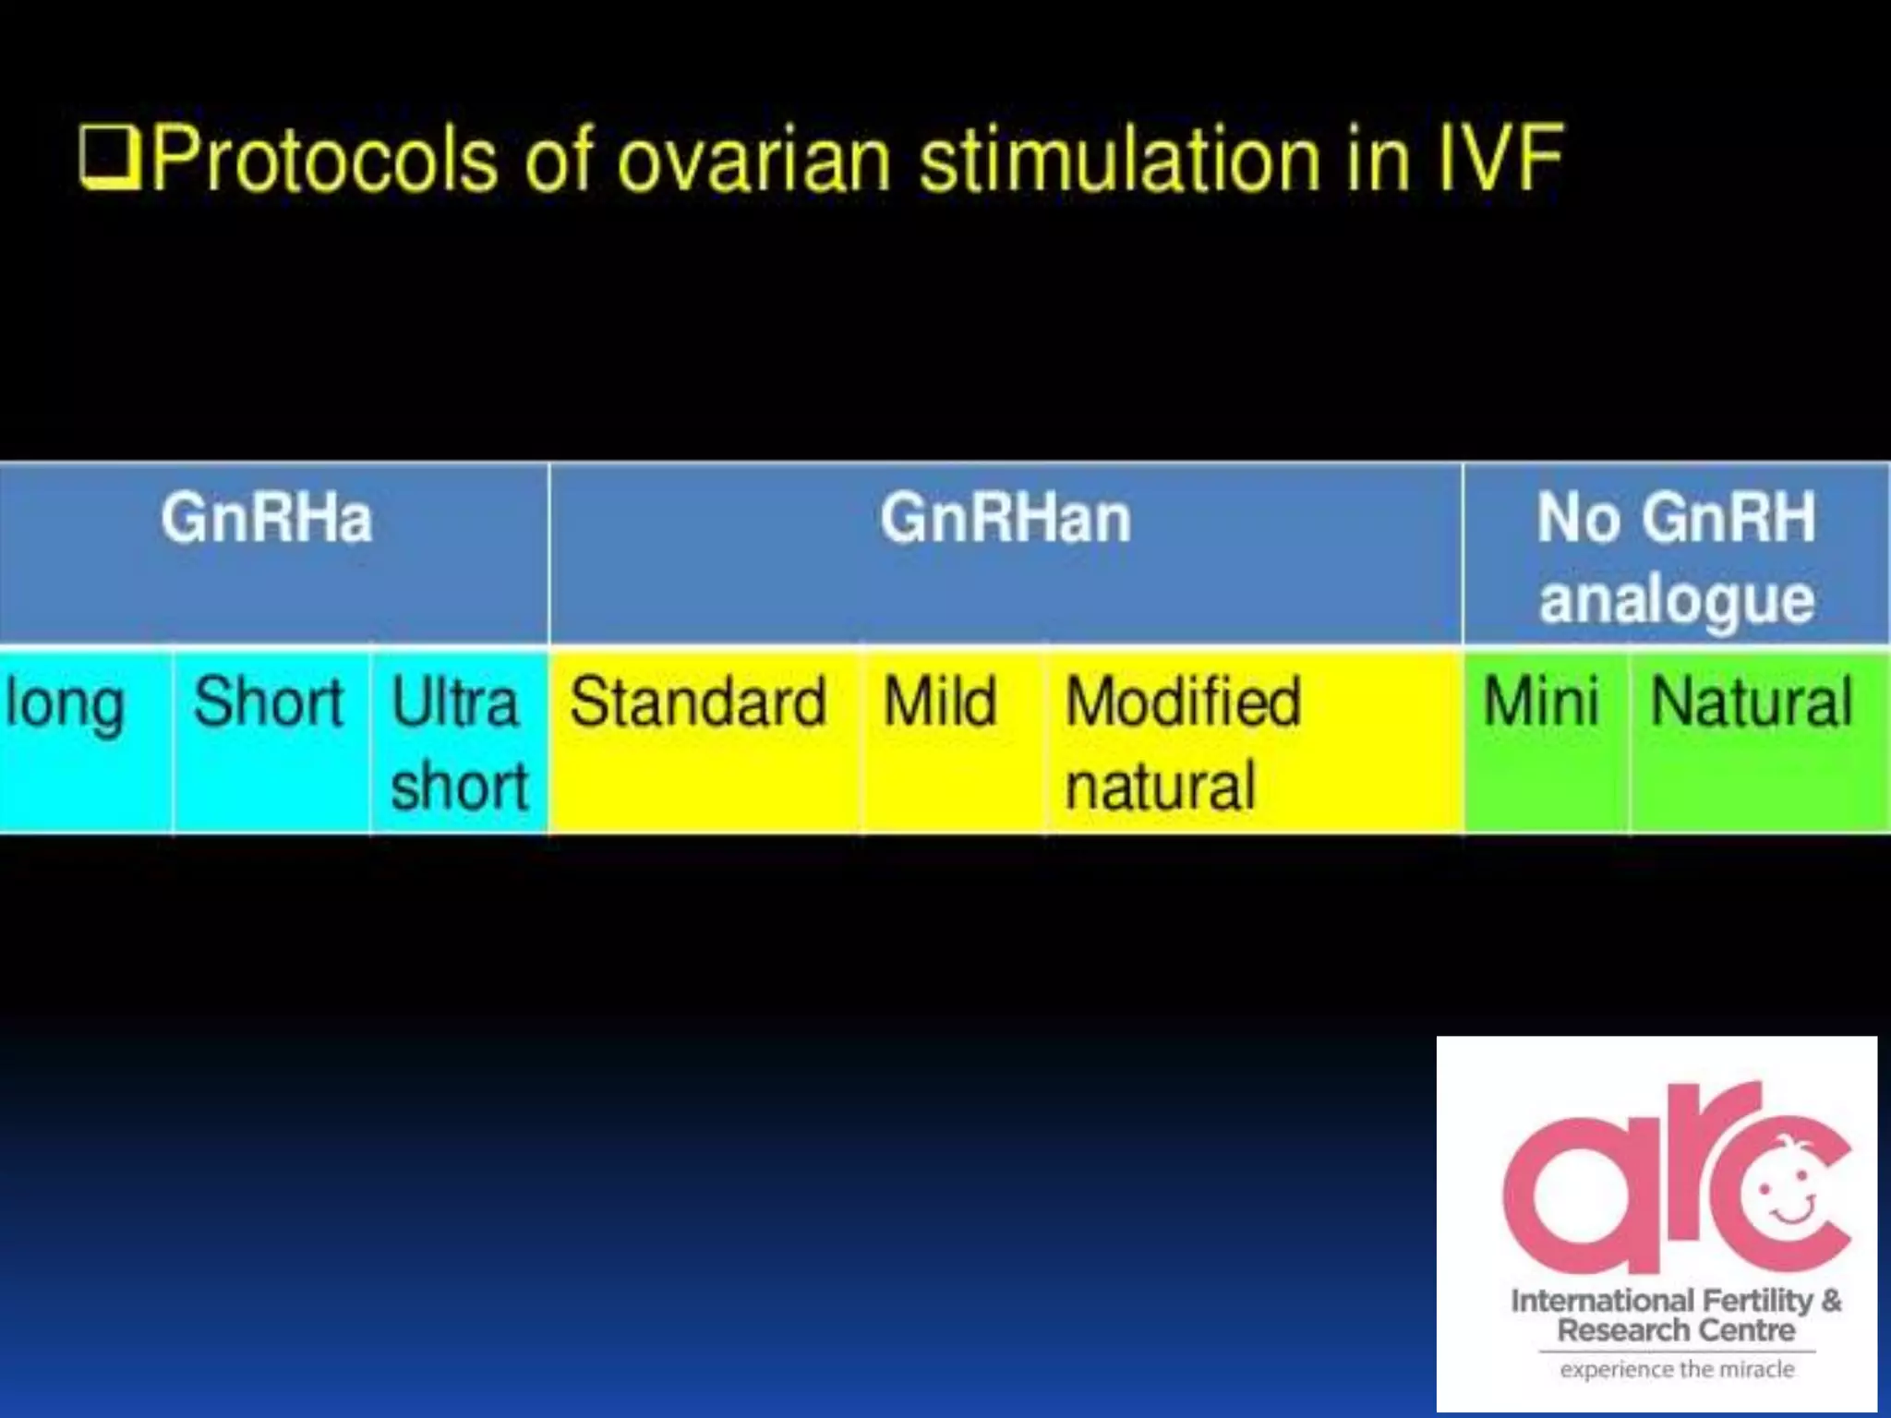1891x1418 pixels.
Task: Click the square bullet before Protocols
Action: pyautogui.click(x=108, y=159)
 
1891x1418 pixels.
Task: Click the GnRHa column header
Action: pyautogui.click(x=267, y=518)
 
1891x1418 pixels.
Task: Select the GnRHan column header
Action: pyautogui.click(x=1005, y=518)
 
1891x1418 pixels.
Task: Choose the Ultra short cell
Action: pyautogui.click(x=459, y=743)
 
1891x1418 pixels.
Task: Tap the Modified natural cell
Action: pyautogui.click(x=1183, y=743)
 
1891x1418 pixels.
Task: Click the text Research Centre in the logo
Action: pyautogui.click(x=1676, y=1330)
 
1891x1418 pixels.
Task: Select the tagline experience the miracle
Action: pyautogui.click(x=1677, y=1369)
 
